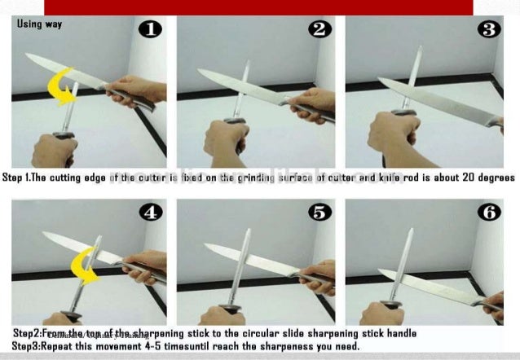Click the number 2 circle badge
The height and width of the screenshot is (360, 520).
pyautogui.click(x=319, y=30)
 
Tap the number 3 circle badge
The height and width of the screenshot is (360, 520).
pyautogui.click(x=489, y=30)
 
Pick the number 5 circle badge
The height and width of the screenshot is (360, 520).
pyautogui.click(x=319, y=213)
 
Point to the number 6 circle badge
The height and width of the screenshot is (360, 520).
pyautogui.click(x=489, y=213)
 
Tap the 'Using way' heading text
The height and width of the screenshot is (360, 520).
pyautogui.click(x=39, y=24)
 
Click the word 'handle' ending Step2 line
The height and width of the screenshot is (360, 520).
pyautogui.click(x=399, y=334)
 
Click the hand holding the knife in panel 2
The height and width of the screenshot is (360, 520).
pyautogui.click(x=315, y=103)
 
